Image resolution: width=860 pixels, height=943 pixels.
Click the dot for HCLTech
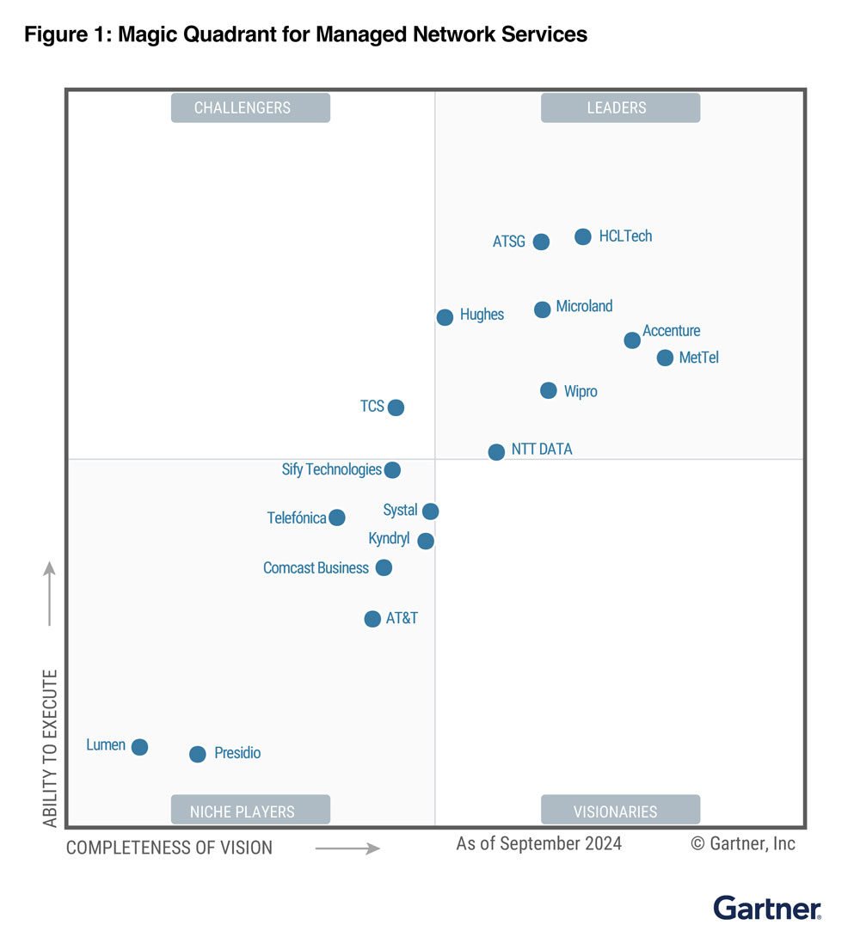tap(583, 236)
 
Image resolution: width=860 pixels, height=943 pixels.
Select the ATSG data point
tap(541, 242)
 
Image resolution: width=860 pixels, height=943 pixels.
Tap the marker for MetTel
tap(665, 358)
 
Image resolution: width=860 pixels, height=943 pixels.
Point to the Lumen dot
tap(139, 747)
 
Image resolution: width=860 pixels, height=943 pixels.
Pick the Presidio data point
tap(198, 754)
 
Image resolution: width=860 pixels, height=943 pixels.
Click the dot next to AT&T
tap(372, 619)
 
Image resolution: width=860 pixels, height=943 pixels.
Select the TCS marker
tap(396, 407)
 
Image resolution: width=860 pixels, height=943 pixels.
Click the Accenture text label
tap(671, 331)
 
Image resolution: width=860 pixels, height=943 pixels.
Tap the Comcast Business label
tap(316, 568)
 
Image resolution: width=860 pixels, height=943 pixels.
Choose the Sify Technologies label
tap(331, 469)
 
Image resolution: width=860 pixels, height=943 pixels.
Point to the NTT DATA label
tap(542, 450)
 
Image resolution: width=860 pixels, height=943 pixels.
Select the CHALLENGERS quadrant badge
tap(250, 108)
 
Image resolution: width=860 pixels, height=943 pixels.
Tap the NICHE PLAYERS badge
tap(250, 811)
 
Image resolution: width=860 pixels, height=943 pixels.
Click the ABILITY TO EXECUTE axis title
tap(50, 748)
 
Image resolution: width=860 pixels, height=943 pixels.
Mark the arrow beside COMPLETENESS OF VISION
tap(347, 848)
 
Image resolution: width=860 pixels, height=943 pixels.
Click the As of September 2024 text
tap(538, 843)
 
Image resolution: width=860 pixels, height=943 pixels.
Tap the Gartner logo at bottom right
tap(767, 908)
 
